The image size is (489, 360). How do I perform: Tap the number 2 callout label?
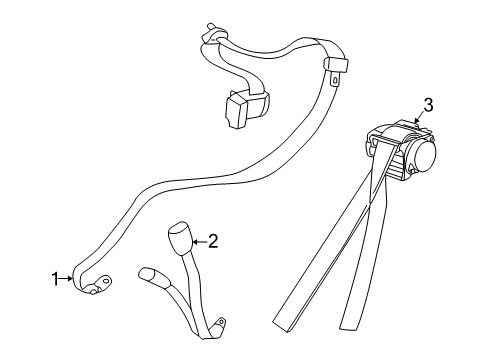point(212,240)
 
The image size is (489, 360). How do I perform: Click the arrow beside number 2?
point(199,240)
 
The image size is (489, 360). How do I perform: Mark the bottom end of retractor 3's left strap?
point(290,324)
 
